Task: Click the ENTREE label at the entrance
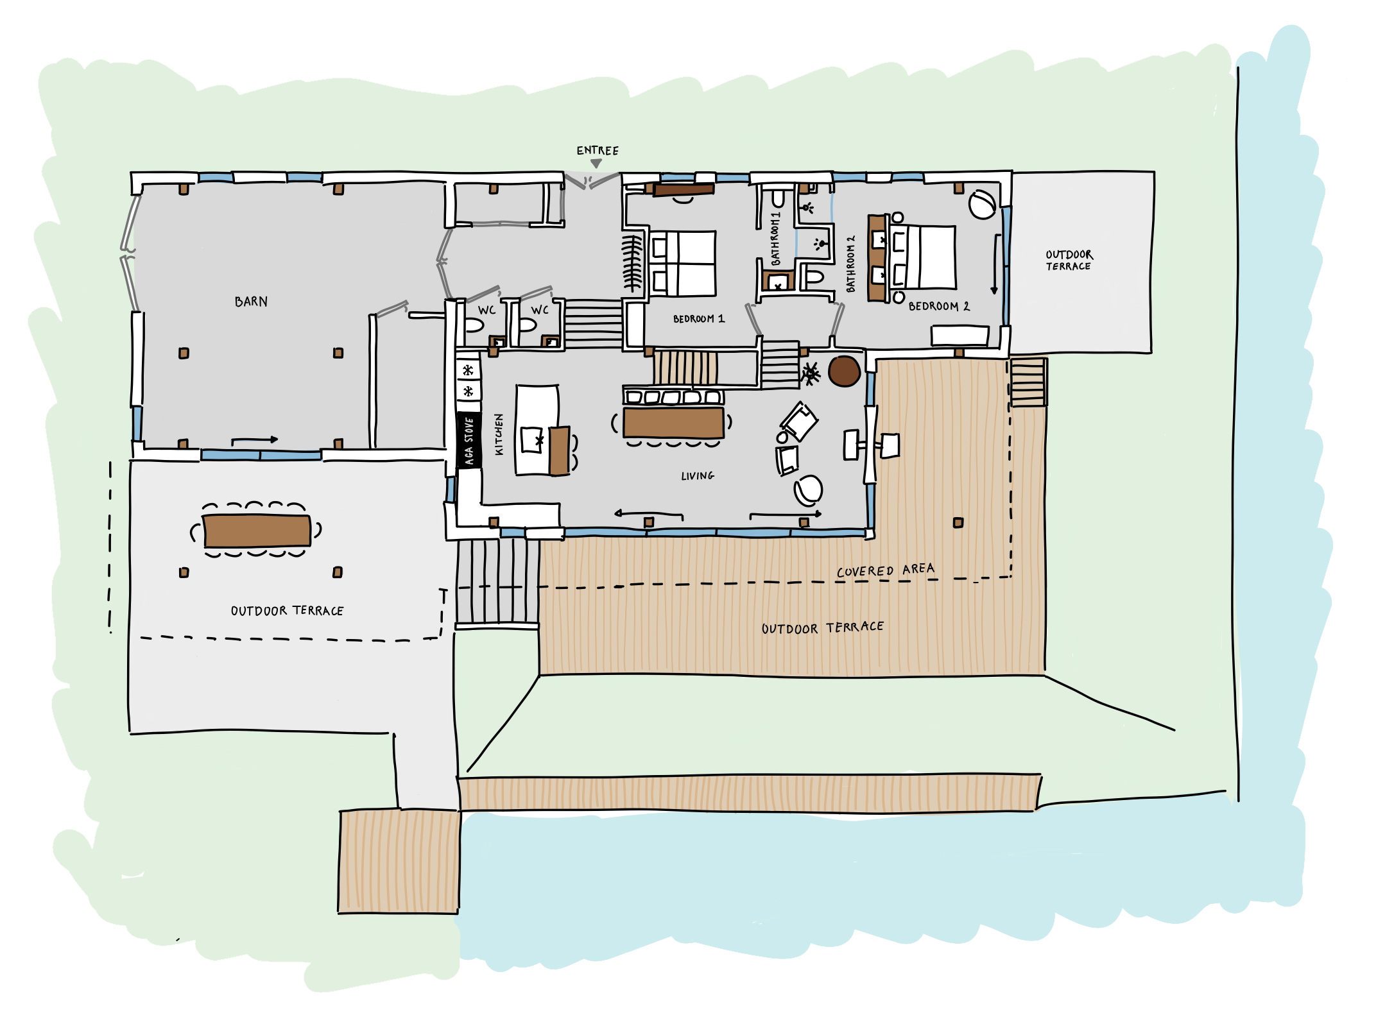(x=598, y=151)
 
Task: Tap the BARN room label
(x=251, y=302)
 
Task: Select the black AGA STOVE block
(x=469, y=440)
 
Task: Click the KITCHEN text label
(x=499, y=434)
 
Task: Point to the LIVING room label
(x=698, y=475)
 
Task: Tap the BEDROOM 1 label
(x=699, y=319)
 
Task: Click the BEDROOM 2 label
(x=939, y=307)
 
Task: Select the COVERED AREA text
(x=886, y=570)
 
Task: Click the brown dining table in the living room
(x=674, y=422)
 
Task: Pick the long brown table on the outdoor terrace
(x=257, y=531)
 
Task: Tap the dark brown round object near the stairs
(x=844, y=371)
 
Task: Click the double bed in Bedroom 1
(x=683, y=264)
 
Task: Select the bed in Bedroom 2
(x=922, y=257)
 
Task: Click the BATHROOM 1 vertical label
(x=775, y=239)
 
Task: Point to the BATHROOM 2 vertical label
(x=851, y=264)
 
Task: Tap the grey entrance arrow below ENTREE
(x=596, y=164)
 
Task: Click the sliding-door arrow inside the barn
(x=255, y=440)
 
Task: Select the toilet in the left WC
(x=474, y=326)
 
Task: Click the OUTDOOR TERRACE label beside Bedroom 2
(x=1069, y=260)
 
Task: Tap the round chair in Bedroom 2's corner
(x=983, y=204)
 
